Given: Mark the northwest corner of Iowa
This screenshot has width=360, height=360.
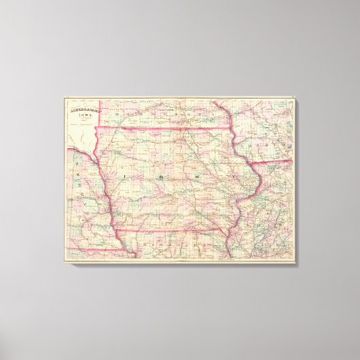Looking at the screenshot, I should (x=94, y=126).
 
